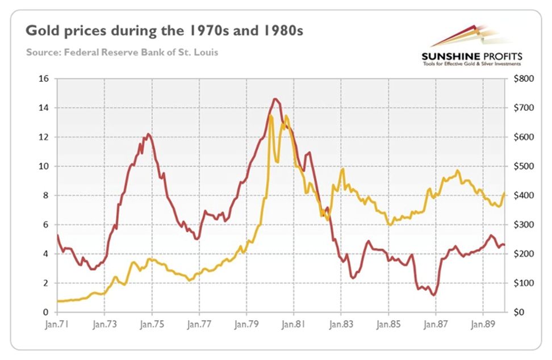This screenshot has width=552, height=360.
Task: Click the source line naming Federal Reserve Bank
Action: [x=122, y=53]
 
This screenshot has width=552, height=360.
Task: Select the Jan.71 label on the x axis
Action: [x=57, y=325]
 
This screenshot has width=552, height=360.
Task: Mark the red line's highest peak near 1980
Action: [x=276, y=99]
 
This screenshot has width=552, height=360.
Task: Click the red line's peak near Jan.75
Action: [x=148, y=134]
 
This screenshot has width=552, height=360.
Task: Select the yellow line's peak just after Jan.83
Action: [x=342, y=169]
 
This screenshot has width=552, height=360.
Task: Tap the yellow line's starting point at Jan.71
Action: [x=57, y=301]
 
